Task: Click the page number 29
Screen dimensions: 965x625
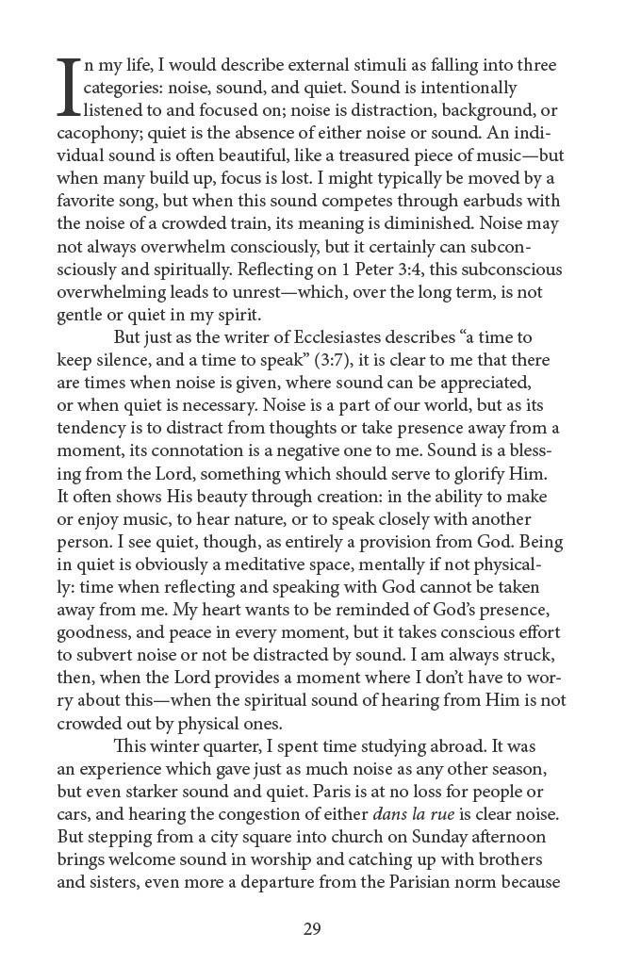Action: click(312, 929)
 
